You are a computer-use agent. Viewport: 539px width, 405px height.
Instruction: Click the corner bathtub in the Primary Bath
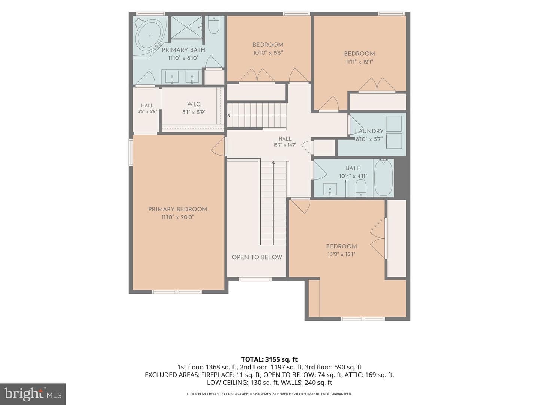pyautogui.click(x=149, y=37)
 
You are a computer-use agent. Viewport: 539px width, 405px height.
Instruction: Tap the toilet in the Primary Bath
pyautogui.click(x=213, y=25)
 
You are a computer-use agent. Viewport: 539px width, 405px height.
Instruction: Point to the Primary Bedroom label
pyautogui.click(x=178, y=209)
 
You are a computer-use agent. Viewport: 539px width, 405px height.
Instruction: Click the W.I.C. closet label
pyautogui.click(x=194, y=104)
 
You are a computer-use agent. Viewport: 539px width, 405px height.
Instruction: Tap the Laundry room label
pyautogui.click(x=369, y=131)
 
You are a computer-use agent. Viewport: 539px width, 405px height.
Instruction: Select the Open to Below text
pyautogui.click(x=257, y=257)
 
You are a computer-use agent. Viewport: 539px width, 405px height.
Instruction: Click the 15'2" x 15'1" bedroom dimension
pyautogui.click(x=341, y=254)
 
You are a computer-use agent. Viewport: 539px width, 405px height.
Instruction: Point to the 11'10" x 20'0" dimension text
pyautogui.click(x=178, y=217)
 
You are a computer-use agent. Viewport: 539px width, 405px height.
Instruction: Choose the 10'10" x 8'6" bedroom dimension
pyautogui.click(x=268, y=53)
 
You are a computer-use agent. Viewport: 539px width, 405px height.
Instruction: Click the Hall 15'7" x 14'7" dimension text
pyautogui.click(x=285, y=145)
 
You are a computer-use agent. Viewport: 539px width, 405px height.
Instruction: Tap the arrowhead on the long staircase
pyautogui.click(x=273, y=162)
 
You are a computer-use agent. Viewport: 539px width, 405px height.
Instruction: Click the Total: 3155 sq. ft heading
pyautogui.click(x=269, y=360)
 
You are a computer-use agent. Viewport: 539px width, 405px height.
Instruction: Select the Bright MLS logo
pyautogui.click(x=33, y=394)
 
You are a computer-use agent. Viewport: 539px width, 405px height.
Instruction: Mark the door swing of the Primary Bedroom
pyautogui.click(x=218, y=147)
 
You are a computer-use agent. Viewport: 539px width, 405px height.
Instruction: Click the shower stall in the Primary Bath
pyautogui.click(x=187, y=27)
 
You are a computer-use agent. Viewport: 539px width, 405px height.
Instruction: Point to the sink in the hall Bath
pyautogui.click(x=330, y=189)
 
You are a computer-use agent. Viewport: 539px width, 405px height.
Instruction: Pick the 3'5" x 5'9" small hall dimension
pyautogui.click(x=147, y=111)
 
